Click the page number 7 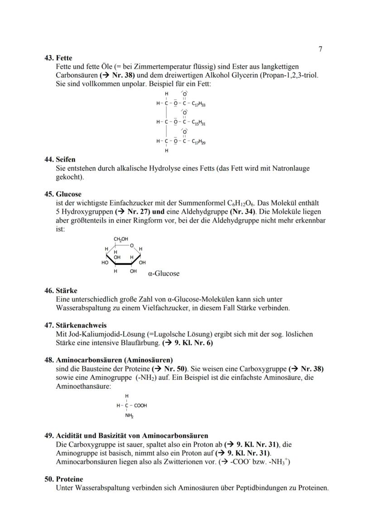click(320, 49)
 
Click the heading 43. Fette click(58, 58)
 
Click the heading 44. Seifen click(60, 160)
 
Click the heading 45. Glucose click(62, 194)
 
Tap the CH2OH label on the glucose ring click(120, 239)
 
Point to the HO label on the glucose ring click(105, 262)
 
